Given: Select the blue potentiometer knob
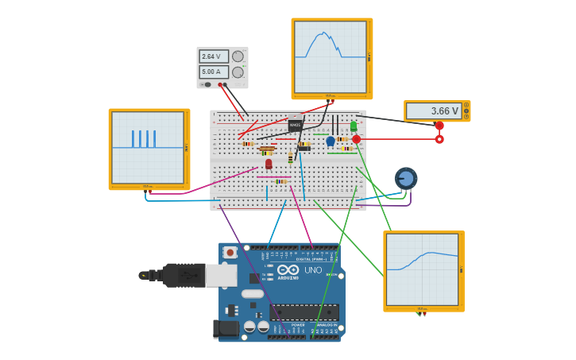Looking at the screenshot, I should tap(406, 178).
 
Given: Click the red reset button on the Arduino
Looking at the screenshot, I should tap(230, 253).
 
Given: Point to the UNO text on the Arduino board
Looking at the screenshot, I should tap(313, 270).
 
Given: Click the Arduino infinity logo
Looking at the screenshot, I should tap(288, 269).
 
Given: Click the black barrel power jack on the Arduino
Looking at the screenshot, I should tap(226, 328).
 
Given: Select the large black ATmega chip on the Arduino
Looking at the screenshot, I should tap(304, 312).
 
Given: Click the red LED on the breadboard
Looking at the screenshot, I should tap(269, 164).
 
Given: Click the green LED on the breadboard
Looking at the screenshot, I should tap(354, 126).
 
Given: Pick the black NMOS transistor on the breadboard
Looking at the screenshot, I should tap(295, 125).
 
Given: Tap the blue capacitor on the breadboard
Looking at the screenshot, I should tap(331, 141).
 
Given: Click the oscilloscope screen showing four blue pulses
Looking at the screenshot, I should tap(148, 149).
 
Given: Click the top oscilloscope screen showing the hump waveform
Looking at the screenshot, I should tap(331, 57).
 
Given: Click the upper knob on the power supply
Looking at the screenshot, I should tap(238, 56).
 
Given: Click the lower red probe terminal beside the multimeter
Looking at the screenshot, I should tap(439, 139).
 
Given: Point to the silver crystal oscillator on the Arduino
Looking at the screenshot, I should tap(253, 293).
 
